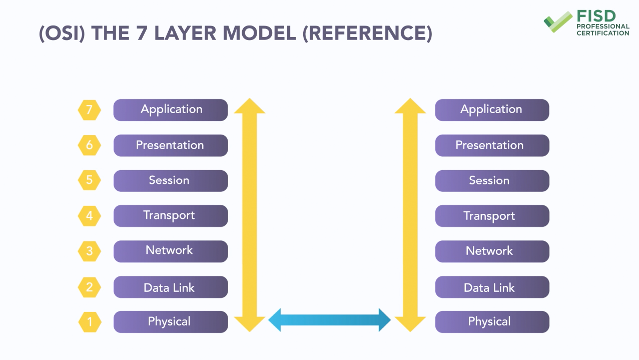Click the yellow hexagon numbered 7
click(89, 110)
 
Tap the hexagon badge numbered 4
click(89, 216)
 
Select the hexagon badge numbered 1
click(90, 322)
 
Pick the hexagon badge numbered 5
click(89, 180)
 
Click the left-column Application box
click(171, 110)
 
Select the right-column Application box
click(492, 110)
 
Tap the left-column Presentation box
click(171, 145)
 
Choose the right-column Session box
click(492, 181)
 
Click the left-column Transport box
click(171, 216)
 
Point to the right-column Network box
click(492, 251)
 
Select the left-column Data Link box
click(171, 287)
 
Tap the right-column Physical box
click(492, 322)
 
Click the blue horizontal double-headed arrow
click(329, 320)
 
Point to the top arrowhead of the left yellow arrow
click(250, 106)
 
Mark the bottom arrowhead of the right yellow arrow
click(410, 324)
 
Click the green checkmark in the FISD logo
click(558, 22)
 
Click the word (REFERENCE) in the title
click(367, 34)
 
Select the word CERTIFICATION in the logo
click(603, 33)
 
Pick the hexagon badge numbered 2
click(89, 287)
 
